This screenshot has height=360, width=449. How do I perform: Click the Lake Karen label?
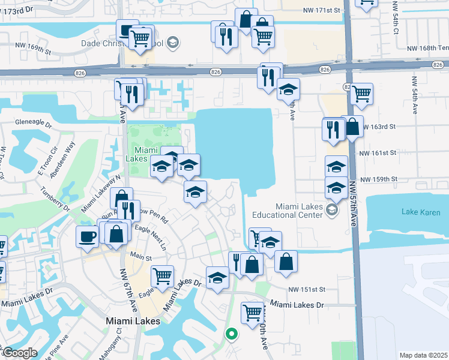click(418, 211)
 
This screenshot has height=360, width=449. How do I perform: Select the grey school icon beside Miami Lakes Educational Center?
click(332, 210)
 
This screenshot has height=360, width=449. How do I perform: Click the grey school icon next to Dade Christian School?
click(173, 43)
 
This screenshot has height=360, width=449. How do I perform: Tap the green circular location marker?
click(231, 334)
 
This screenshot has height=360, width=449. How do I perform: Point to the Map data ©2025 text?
click(423, 355)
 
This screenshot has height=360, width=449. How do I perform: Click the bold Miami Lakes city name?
click(133, 321)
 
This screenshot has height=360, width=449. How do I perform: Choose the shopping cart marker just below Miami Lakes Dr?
click(253, 312)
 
